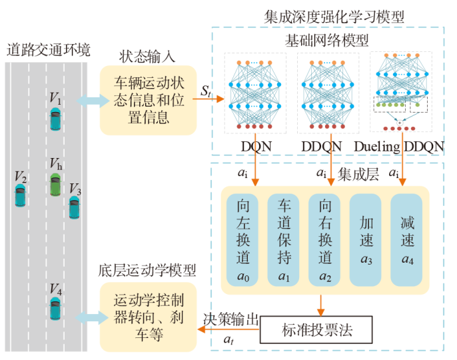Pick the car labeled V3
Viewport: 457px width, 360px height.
pyautogui.click(x=74, y=207)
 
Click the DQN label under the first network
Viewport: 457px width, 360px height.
pyautogui.click(x=256, y=146)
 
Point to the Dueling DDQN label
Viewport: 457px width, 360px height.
pyautogui.click(x=399, y=146)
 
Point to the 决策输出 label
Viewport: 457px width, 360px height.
pyautogui.click(x=230, y=319)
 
